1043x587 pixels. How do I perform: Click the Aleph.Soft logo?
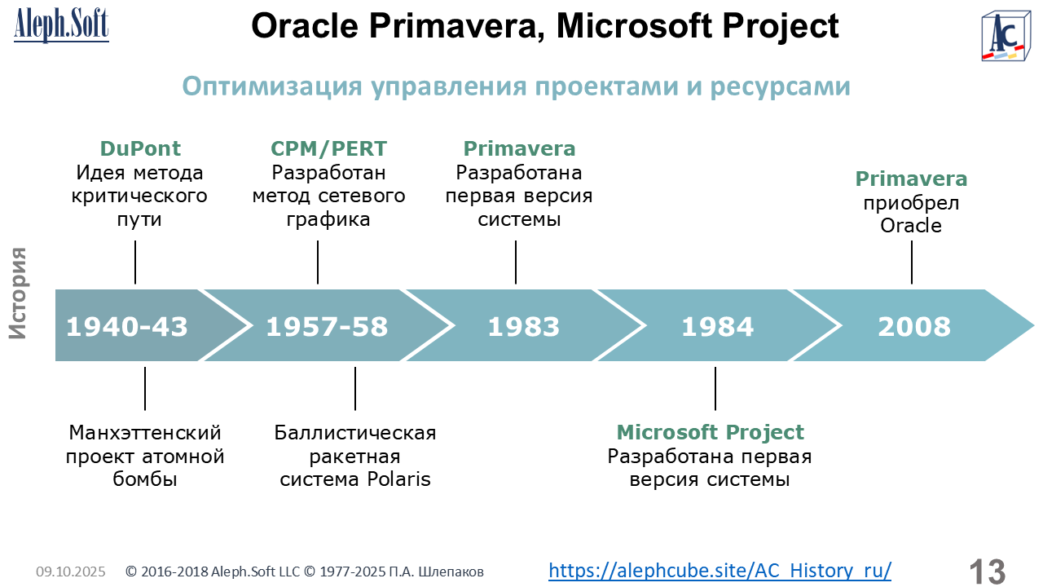pos(61,25)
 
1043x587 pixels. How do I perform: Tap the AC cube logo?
pos(1006,37)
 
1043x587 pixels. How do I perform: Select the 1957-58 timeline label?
pos(327,326)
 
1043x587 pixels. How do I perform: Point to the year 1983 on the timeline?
pos(523,326)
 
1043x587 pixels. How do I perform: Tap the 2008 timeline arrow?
pos(913,325)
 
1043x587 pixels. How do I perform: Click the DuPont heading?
pos(140,148)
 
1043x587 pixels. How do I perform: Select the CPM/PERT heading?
pos(328,148)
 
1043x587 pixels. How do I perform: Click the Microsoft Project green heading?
pos(710,432)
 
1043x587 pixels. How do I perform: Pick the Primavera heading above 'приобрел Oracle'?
pos(911,179)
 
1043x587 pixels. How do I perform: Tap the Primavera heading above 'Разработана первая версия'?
pos(519,148)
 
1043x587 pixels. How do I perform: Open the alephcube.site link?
pos(720,570)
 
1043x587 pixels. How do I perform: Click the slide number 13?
pos(988,572)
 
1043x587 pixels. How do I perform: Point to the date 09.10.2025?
pos(71,572)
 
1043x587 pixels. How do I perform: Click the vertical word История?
pos(18,293)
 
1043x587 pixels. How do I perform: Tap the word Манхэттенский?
pos(145,433)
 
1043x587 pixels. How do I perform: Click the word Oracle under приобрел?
pos(911,226)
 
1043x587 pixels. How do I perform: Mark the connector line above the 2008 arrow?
pos(911,263)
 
